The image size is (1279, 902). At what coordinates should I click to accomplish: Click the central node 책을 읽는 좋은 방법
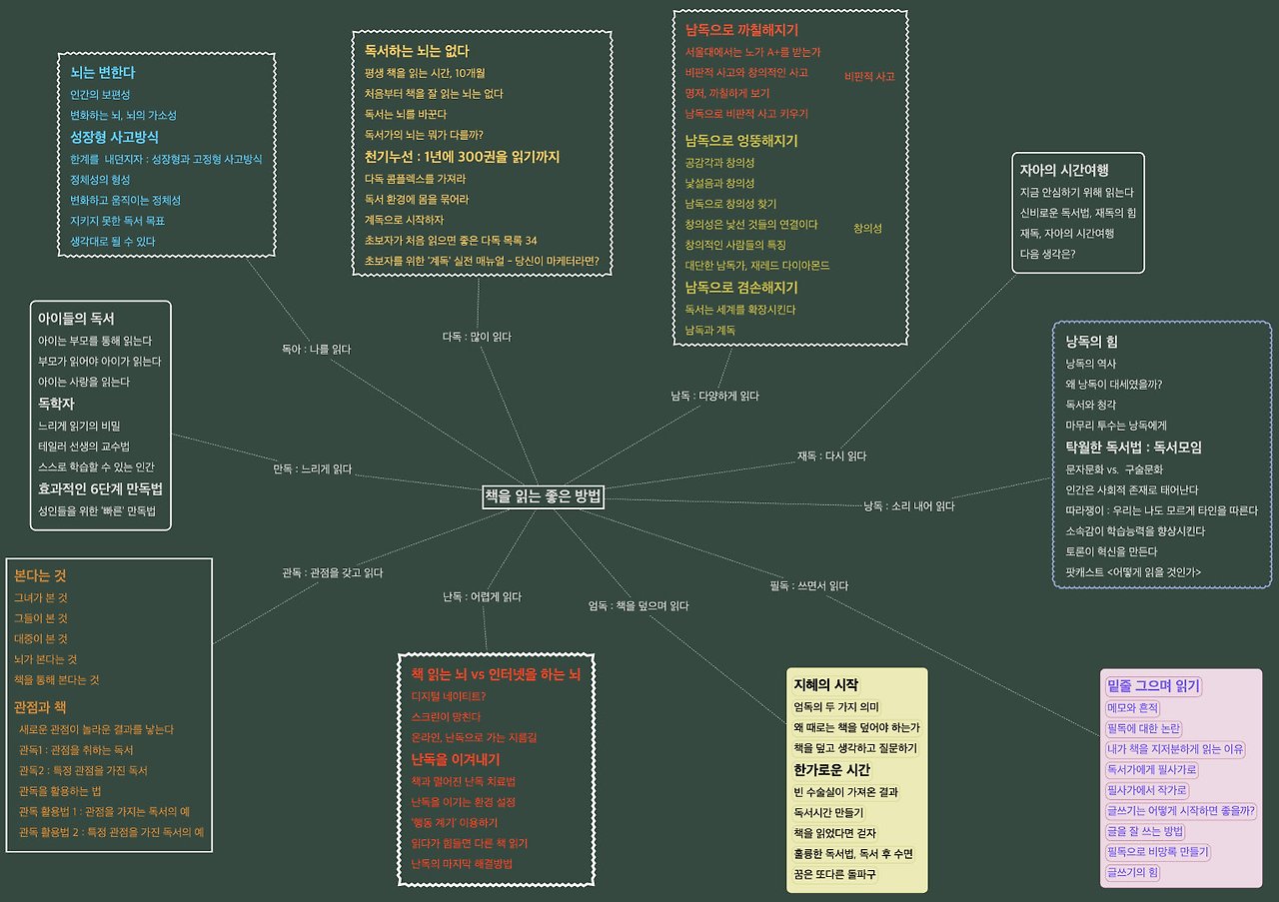coord(544,496)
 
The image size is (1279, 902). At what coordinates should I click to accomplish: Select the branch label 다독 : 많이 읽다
coord(477,337)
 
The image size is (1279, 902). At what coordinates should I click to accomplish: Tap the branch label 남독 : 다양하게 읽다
coord(714,396)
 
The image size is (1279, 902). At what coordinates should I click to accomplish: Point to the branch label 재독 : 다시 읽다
coord(831,455)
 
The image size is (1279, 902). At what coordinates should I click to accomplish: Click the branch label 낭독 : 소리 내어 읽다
coord(909,505)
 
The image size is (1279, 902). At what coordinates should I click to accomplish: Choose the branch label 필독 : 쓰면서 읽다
coord(809,585)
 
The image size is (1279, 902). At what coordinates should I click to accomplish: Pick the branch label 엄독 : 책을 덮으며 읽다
coord(639,604)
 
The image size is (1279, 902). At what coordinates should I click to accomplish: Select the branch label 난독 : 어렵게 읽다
coord(483,596)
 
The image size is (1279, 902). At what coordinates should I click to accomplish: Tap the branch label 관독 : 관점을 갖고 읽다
coord(332,572)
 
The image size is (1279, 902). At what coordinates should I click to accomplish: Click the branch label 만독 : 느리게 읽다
coord(313,468)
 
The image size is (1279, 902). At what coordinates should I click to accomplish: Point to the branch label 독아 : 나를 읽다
coord(316,350)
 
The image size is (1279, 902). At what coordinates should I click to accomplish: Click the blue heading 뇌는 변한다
coord(103,73)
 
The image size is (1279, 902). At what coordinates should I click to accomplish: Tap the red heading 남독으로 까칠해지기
coord(741,30)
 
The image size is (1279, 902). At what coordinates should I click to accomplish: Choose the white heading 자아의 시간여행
coord(1064,170)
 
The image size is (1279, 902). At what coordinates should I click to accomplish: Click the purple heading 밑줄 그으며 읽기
coord(1153,685)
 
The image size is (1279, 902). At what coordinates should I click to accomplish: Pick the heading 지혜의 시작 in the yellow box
coord(825,684)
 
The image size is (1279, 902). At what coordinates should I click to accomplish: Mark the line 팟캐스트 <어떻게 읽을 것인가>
coord(1133,572)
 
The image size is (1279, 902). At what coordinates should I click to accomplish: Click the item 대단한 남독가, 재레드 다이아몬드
coord(757,266)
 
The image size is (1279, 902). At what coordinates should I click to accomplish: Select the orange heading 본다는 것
coord(40,576)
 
